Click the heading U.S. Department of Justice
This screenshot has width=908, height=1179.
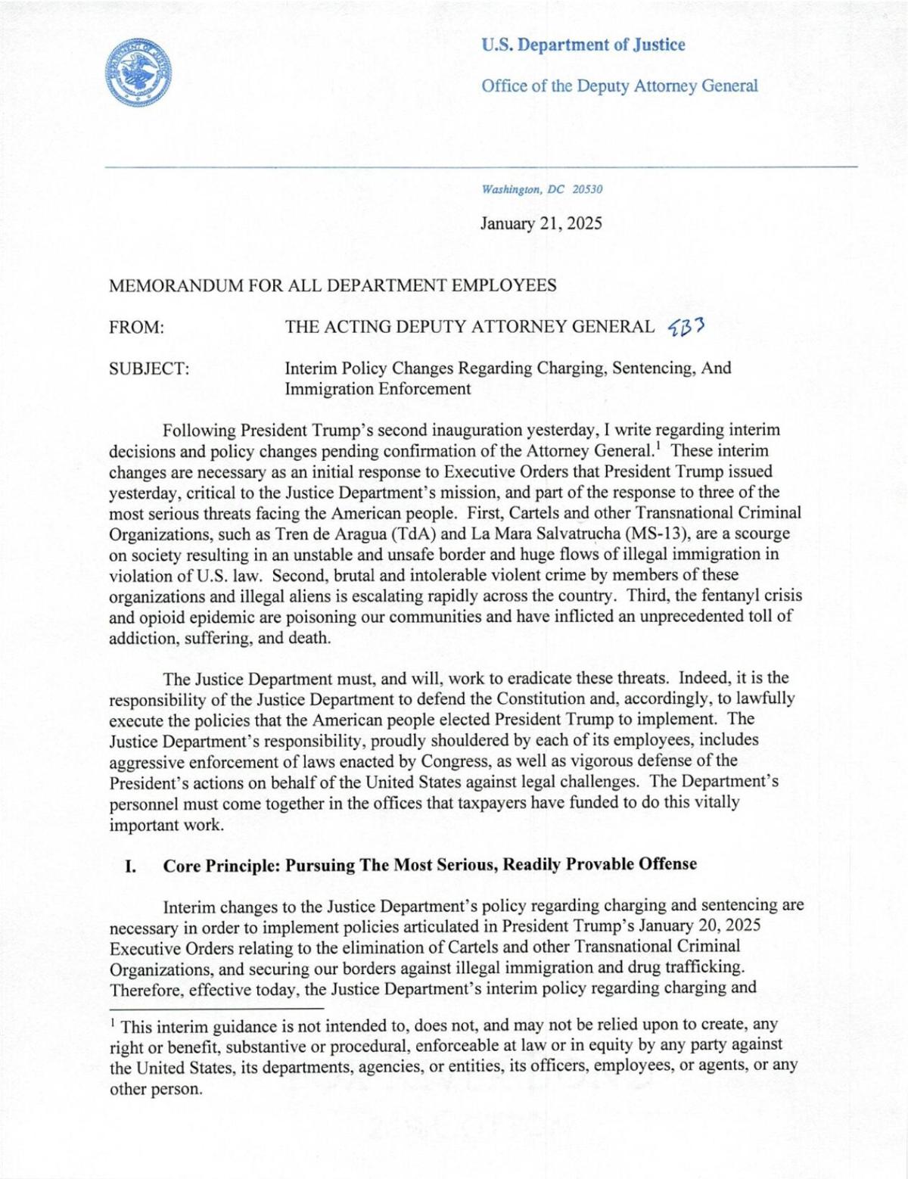click(x=583, y=45)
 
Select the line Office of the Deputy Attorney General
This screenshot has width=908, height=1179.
click(x=619, y=86)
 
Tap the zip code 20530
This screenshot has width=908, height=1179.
click(x=587, y=189)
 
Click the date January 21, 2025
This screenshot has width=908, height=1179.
click(x=541, y=223)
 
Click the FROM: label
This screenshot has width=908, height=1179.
click(x=137, y=327)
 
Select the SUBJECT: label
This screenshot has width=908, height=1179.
click(x=149, y=369)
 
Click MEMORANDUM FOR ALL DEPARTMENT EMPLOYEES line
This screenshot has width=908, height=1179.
click(x=333, y=285)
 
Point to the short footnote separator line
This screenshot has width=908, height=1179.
click(x=216, y=1008)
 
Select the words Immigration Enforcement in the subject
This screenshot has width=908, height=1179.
click(x=378, y=389)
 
